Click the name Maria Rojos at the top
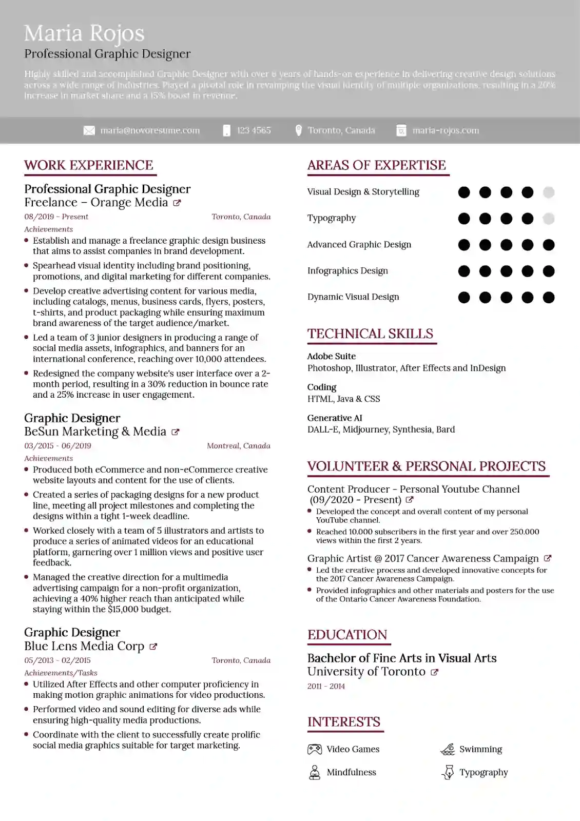coord(84,33)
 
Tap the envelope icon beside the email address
coord(89,131)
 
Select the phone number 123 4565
coord(254,130)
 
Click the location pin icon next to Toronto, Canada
coord(299,130)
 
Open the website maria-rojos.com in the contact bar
coord(446,130)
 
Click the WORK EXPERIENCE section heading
coord(89,165)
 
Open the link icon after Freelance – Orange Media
coord(177,203)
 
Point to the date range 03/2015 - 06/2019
coord(57,445)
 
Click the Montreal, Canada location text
coord(238,445)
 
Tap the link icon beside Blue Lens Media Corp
coord(153,647)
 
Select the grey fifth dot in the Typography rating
coord(549,219)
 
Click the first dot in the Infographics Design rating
coord(464,271)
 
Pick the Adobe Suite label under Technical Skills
coord(331,356)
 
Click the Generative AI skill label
coord(335,418)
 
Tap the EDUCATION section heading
coord(347,635)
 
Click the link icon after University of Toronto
coord(435,672)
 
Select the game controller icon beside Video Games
coord(315,749)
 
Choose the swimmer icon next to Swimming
coord(448,749)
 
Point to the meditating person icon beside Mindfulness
coord(315,772)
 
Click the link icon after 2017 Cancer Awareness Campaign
coord(548,558)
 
